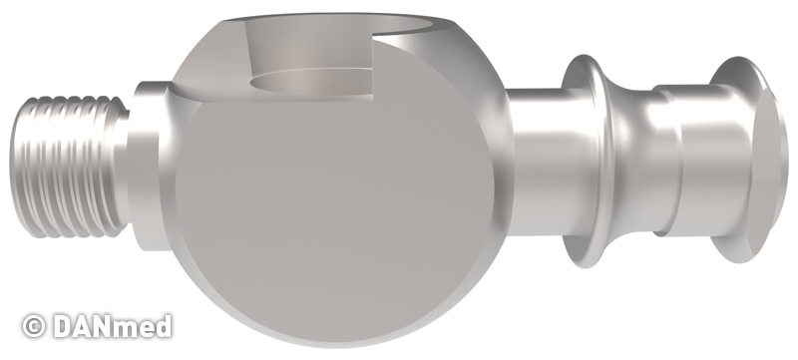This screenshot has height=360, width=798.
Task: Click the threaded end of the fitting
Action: [69, 167]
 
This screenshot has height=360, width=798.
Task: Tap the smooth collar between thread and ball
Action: [151, 166]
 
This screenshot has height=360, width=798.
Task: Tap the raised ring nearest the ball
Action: [586, 162]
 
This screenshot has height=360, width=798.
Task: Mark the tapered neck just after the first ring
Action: [631, 163]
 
